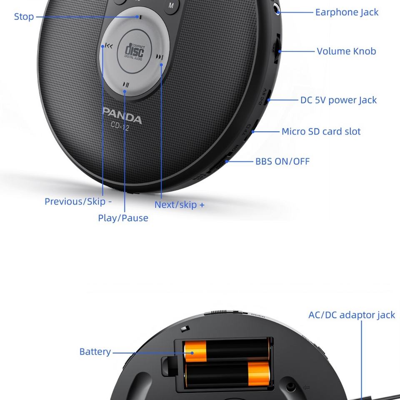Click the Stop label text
point(24,17)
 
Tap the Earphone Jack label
point(347,12)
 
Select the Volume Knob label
point(346,51)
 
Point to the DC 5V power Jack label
point(338,100)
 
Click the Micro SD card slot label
point(321,131)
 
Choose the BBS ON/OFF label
point(282,161)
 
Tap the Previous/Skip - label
point(78,202)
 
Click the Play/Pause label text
point(123,218)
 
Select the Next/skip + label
point(179,205)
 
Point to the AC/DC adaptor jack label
point(352,315)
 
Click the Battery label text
point(95,352)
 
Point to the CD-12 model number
point(120,127)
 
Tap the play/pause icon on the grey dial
point(126,85)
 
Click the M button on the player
point(171,5)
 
